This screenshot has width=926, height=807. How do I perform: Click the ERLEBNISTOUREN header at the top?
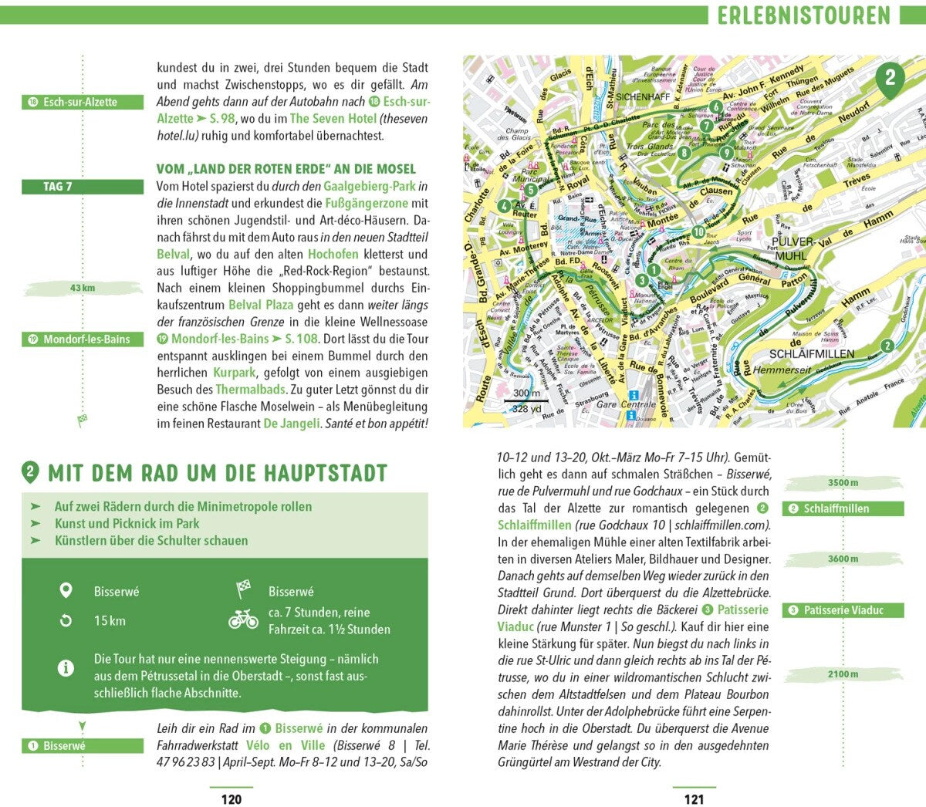point(803,15)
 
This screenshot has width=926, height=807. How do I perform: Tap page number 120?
point(231,799)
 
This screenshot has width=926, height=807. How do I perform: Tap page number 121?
point(694,799)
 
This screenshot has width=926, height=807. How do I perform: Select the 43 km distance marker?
point(83,288)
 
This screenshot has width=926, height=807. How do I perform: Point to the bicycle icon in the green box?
point(244,620)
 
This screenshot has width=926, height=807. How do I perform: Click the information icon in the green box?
point(66,667)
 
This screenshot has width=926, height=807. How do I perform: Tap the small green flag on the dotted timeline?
point(82,420)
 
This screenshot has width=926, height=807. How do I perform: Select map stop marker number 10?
point(697,231)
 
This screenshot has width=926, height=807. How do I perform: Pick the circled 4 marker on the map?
point(504,206)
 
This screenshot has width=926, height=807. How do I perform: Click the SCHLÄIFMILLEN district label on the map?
point(812,354)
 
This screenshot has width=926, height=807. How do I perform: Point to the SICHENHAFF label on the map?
point(643,97)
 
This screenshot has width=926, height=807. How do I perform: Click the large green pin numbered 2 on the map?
point(890,78)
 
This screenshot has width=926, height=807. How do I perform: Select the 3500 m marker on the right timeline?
point(843,483)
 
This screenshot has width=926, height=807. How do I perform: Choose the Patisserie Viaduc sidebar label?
point(843,610)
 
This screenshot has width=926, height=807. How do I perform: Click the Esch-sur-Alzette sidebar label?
point(83,102)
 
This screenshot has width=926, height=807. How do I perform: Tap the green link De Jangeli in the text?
point(292,424)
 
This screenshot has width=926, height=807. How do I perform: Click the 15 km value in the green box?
point(110,621)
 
